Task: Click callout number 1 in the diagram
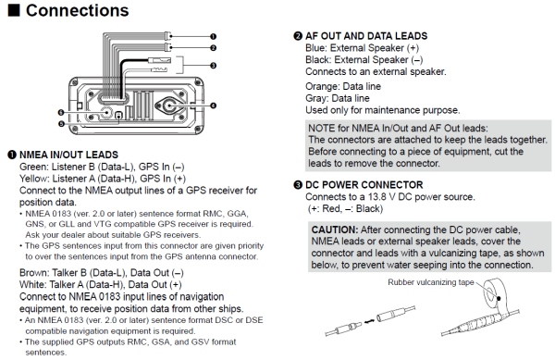[x=213, y=36]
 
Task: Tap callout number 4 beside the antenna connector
[x=213, y=106]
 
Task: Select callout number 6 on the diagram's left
[x=61, y=113]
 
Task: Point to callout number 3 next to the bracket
[x=213, y=66]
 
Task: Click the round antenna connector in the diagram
[x=170, y=106]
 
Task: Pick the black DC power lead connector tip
[x=162, y=60]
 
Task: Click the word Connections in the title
[x=77, y=10]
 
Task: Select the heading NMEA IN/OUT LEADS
[x=68, y=155]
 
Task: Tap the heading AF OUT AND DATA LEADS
[x=366, y=36]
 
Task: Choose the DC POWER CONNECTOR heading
[x=364, y=185]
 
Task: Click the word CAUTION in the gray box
[x=335, y=230]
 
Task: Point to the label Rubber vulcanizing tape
[x=431, y=282]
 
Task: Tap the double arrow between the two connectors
[x=369, y=321]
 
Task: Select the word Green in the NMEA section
[x=33, y=167]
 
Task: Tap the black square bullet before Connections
[x=14, y=10]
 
